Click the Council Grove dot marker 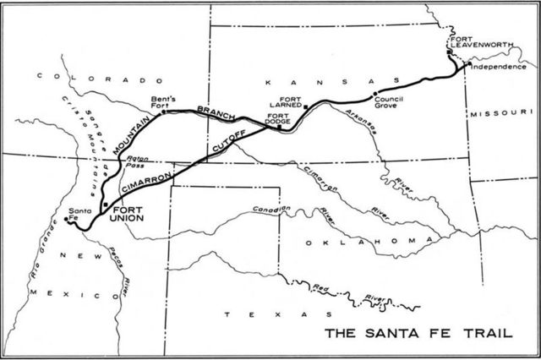(x=374, y=93)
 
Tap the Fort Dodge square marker (x=278, y=128)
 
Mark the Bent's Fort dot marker (x=163, y=111)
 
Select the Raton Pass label (x=138, y=163)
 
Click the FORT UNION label (x=128, y=213)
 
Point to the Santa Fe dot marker (x=66, y=220)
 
